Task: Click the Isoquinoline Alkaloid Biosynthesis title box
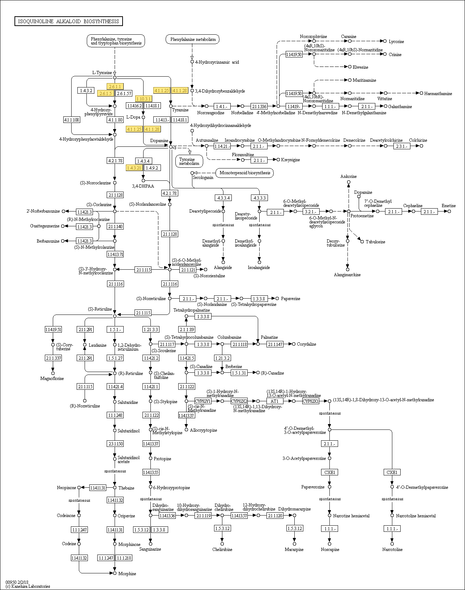tap(69, 21)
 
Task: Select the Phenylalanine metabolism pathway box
tap(193, 39)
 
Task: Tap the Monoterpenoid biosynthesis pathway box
tap(245, 173)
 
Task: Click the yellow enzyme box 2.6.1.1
tap(115, 86)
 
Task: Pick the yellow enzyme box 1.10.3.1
tap(143, 99)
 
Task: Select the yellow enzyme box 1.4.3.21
tap(134, 168)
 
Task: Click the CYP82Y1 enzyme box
tap(202, 401)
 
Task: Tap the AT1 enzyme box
tap(274, 401)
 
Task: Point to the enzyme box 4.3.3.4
tap(223, 198)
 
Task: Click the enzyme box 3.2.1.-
tap(311, 211)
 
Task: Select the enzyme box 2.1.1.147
tap(275, 344)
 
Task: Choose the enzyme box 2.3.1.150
tap(115, 444)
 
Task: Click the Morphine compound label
tap(127, 574)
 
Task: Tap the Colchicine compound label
tap(418, 140)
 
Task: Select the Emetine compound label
tap(448, 206)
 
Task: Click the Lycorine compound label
tap(396, 42)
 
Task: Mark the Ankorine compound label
tap(349, 176)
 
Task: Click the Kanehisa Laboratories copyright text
tap(28, 586)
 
